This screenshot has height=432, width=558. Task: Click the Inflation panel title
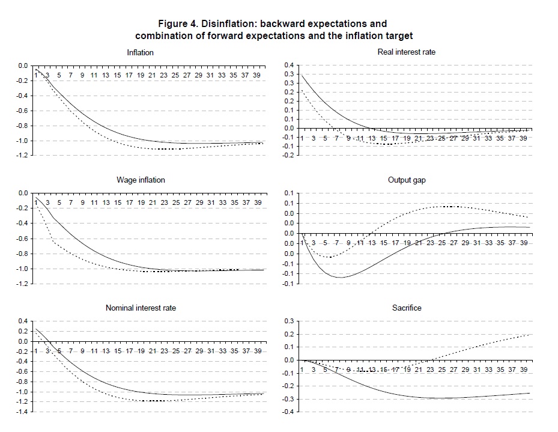(x=140, y=52)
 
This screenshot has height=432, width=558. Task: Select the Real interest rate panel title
(x=406, y=52)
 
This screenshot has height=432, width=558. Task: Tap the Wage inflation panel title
(x=141, y=180)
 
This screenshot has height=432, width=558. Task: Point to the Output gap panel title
(x=407, y=180)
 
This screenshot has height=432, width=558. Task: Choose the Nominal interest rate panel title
(x=141, y=308)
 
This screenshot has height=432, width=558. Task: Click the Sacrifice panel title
(x=407, y=308)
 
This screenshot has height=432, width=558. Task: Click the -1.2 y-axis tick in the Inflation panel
(x=23, y=156)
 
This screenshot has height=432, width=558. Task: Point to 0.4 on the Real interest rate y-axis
(x=289, y=65)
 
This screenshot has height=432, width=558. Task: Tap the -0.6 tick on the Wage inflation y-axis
(x=23, y=239)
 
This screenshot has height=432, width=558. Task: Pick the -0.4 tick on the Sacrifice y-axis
(x=288, y=412)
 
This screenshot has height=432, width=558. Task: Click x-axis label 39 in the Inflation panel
(x=257, y=75)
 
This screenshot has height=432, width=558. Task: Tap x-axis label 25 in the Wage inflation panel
(x=175, y=202)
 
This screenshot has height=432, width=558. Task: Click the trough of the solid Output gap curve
(x=340, y=277)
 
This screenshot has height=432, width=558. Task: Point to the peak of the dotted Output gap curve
(x=449, y=206)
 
